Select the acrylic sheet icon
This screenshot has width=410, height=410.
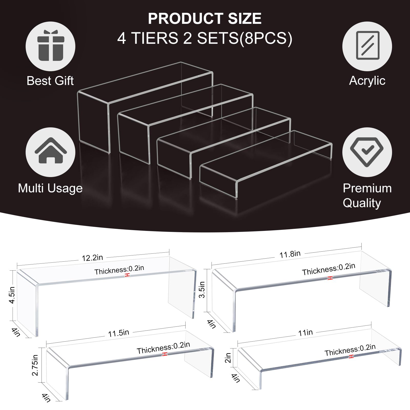367,45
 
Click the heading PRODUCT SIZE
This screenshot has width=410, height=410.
205,18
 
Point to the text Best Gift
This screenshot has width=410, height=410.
50,81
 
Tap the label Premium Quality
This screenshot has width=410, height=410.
367,196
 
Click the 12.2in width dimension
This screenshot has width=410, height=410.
92,258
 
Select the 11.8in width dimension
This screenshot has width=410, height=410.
290,254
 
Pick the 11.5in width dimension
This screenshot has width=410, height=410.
118,333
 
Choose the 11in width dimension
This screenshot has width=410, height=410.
305,333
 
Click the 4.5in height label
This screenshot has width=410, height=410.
12,295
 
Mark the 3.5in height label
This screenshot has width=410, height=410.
202,290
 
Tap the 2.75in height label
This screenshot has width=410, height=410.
35,365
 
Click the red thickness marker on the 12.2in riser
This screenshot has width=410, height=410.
127,275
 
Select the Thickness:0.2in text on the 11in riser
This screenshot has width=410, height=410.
350,350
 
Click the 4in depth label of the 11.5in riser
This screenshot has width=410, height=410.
46,397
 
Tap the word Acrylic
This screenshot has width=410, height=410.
367,81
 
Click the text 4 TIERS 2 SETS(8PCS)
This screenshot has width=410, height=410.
205,38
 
